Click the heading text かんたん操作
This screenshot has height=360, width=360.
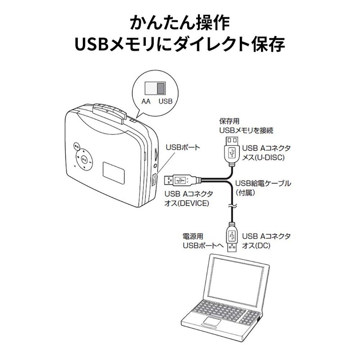(x=180, y=22)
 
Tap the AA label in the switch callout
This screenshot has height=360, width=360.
(x=146, y=102)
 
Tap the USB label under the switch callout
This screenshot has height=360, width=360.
(x=165, y=102)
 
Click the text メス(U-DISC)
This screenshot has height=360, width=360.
(x=262, y=157)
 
